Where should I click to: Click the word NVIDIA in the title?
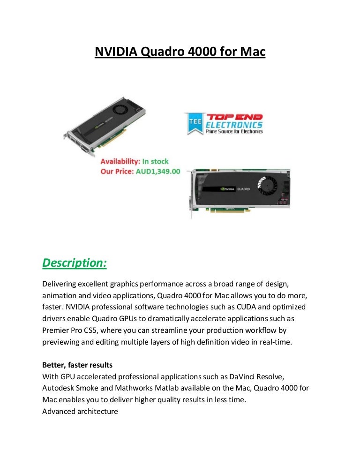click(116, 52)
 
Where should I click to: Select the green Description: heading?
click(75, 263)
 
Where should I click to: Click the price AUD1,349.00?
click(158, 172)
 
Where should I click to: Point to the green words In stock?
click(155, 161)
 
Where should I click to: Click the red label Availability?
click(120, 161)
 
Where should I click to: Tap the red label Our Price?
click(117, 172)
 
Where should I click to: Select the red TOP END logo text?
click(234, 117)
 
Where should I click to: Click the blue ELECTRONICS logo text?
click(234, 125)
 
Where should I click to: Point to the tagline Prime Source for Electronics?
click(234, 131)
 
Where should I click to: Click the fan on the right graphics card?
click(267, 185)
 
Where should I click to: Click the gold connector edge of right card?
click(230, 210)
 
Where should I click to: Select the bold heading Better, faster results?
click(77, 365)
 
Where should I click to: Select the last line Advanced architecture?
click(80, 412)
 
